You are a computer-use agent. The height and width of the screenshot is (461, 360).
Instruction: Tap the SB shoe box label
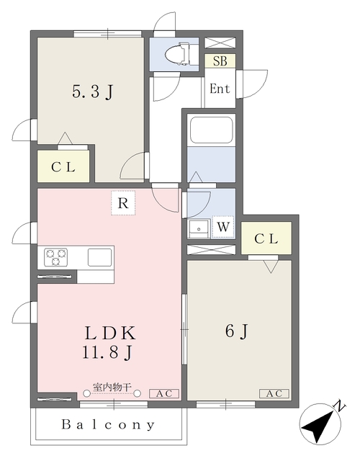pyautogui.click(x=220, y=61)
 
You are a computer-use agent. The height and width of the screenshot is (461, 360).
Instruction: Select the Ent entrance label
pyautogui.click(x=220, y=88)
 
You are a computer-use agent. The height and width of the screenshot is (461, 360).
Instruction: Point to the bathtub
pyautogui.click(x=211, y=130)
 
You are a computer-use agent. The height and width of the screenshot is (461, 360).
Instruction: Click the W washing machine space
pyautogui.click(x=223, y=227)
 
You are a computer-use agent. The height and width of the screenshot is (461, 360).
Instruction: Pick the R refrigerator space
pyautogui.click(x=123, y=203)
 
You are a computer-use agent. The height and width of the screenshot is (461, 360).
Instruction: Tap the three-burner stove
pyautogui.click(x=56, y=256)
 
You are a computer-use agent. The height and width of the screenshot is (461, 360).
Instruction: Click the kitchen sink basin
pyautogui.click(x=100, y=257)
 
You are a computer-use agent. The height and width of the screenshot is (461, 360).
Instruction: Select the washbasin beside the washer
pyautogui.click(x=199, y=229)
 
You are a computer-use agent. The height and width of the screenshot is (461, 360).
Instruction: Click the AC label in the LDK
pyautogui.click(x=164, y=394)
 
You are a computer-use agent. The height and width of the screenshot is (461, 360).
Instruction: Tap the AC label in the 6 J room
pyautogui.click(x=274, y=393)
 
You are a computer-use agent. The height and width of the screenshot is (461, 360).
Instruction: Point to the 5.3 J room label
pyautogui.click(x=92, y=92)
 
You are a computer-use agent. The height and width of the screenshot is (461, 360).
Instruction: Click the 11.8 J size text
pyautogui.click(x=107, y=352)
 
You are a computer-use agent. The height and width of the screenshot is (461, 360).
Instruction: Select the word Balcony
pyautogui.click(x=108, y=424)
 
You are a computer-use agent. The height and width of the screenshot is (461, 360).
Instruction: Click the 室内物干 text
pyautogui.click(x=112, y=387)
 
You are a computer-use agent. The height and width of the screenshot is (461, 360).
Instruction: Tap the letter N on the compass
pyautogui.click(x=340, y=406)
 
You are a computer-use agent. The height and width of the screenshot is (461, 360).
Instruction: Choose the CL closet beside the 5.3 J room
pyautogui.click(x=63, y=166)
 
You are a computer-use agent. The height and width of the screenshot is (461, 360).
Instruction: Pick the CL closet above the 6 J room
pyautogui.click(x=266, y=238)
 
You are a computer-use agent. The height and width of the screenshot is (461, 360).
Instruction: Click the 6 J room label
pyautogui.click(x=237, y=331)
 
